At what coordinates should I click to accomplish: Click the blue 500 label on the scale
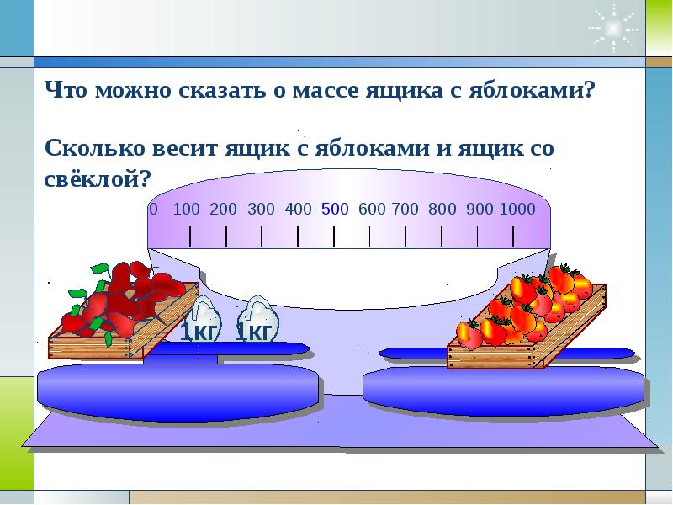[335, 209]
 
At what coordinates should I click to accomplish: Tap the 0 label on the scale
[154, 209]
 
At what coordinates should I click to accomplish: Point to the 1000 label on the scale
[517, 209]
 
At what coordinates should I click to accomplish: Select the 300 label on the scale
[261, 209]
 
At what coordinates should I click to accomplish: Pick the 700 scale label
[405, 209]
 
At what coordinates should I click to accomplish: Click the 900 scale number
[480, 209]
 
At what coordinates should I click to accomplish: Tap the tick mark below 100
[190, 237]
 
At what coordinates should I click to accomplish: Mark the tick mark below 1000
[513, 237]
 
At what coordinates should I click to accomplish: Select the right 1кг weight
[257, 320]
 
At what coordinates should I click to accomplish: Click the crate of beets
[122, 311]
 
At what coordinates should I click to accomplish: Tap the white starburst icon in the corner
[613, 29]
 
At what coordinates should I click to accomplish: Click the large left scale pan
[178, 391]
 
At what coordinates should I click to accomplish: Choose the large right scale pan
[503, 391]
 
